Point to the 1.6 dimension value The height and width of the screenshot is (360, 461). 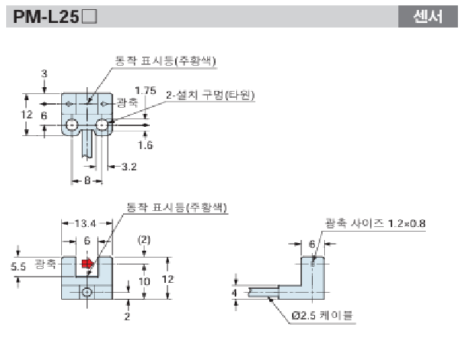144,143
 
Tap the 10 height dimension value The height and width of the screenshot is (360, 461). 144,282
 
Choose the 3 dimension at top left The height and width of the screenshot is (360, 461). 44,73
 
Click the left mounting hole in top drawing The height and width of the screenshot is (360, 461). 72,125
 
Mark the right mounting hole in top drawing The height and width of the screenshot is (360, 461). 100,125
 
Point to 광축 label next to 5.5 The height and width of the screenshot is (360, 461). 45,264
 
